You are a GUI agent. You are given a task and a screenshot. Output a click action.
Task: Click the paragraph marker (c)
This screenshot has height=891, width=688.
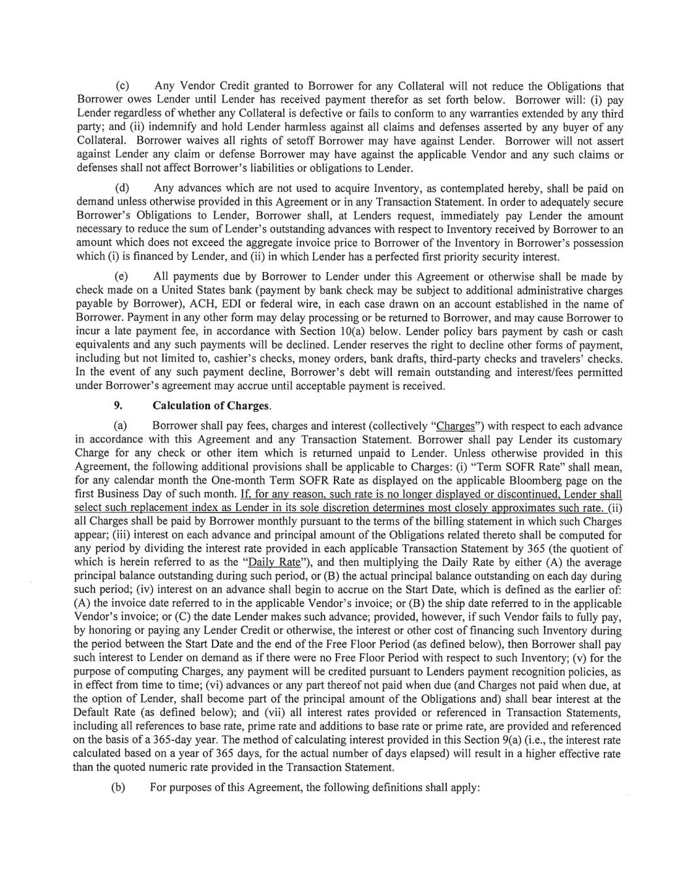122,87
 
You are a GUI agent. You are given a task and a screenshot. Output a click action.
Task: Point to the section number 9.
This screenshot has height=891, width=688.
119,406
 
